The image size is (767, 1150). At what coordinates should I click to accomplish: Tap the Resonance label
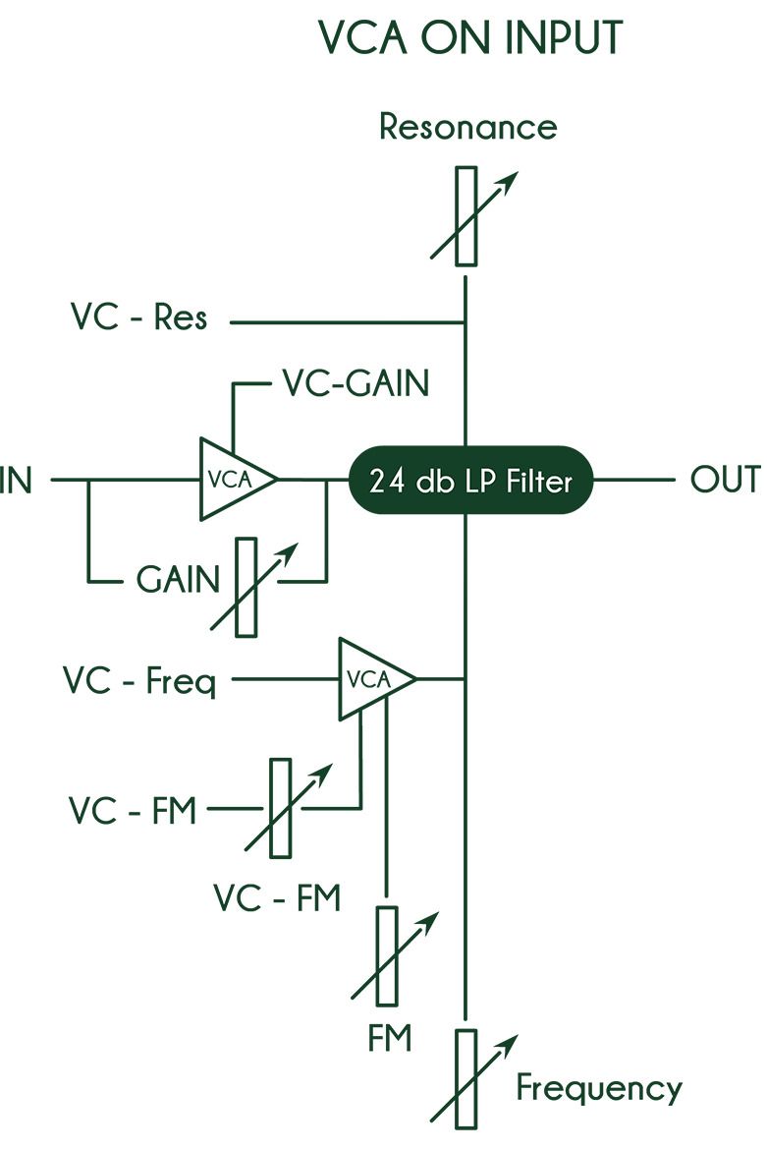(468, 126)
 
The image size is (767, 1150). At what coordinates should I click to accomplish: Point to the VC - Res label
(138, 317)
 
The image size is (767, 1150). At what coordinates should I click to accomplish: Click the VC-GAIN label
(356, 383)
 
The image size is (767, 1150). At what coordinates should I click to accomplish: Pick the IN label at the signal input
(16, 481)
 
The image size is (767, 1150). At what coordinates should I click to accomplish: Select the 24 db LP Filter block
(470, 481)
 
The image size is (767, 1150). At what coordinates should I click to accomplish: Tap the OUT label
(725, 480)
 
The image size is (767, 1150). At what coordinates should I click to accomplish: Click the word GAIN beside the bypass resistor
(178, 579)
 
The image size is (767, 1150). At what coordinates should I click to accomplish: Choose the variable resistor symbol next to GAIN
(247, 587)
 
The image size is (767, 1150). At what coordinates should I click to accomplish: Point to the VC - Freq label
(139, 681)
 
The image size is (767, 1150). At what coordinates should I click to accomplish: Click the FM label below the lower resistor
(389, 1038)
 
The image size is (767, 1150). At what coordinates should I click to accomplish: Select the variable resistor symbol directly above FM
(388, 956)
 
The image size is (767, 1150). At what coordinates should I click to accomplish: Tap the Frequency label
(598, 1088)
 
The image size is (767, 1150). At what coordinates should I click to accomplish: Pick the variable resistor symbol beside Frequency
(466, 1079)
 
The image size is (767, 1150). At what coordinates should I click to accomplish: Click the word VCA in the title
(363, 38)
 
